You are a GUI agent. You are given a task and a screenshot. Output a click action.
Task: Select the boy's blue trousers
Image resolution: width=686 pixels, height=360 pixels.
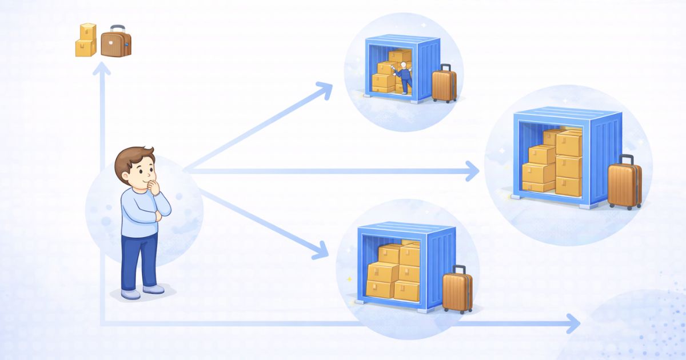139,260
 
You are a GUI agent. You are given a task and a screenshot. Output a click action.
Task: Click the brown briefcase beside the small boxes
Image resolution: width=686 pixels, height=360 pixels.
116,44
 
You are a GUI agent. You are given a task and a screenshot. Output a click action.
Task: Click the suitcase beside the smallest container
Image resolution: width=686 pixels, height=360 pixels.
444,85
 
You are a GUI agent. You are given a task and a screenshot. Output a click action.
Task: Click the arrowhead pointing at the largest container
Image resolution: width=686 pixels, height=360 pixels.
472,170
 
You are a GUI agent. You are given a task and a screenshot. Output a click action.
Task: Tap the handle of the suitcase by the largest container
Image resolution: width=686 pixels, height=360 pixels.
627,158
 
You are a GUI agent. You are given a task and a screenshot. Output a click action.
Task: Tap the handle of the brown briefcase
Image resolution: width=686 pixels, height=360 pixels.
118,27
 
